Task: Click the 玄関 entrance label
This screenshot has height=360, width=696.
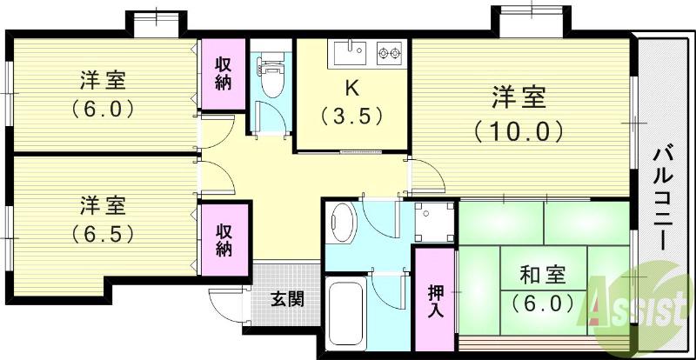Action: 286,300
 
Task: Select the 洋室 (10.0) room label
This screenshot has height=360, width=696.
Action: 519,113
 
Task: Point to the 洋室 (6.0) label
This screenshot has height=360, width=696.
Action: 103,95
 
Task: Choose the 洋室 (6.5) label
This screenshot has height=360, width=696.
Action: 103,220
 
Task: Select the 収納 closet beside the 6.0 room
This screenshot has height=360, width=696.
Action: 224,75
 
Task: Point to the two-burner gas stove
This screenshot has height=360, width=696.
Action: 389,53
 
